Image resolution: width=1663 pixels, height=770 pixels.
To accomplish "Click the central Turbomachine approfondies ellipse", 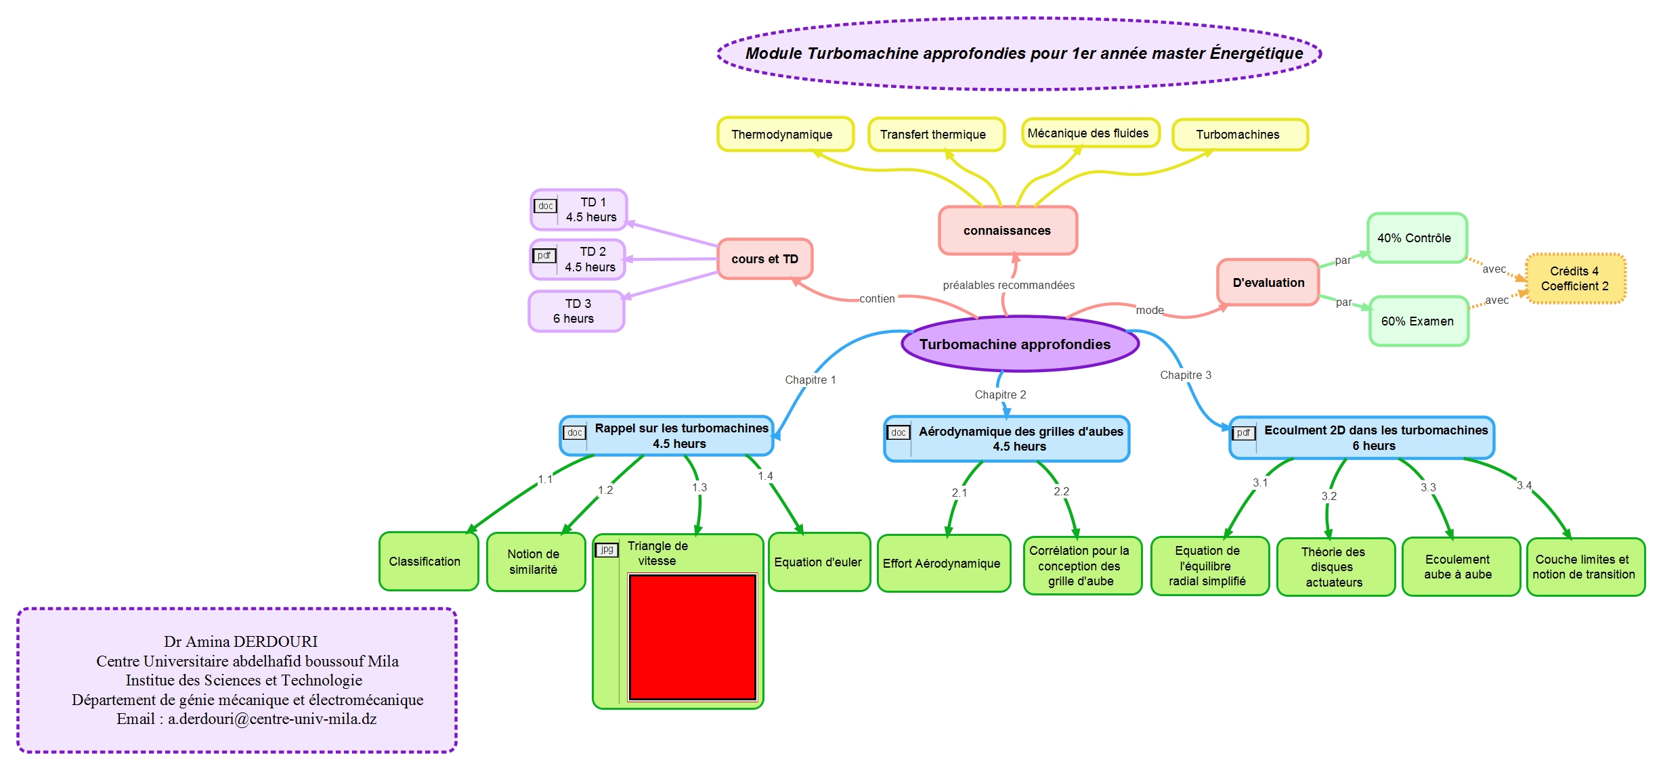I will pos(1019,344).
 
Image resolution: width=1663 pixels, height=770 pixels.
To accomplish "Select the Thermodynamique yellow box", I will pos(784,134).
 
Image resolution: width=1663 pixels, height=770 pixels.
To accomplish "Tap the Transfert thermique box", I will pos(935,134).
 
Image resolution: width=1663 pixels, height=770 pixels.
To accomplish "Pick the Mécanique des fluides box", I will pos(1089,133).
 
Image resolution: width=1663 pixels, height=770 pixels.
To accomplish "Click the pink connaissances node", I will pos(1007,231).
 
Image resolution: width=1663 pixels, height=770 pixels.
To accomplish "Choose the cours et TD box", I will pos(764,258).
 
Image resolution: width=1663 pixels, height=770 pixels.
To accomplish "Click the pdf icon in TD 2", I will pos(544,256).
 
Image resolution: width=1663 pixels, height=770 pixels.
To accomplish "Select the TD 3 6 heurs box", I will pos(576,311).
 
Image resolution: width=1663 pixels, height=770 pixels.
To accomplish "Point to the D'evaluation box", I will pos(1268,282).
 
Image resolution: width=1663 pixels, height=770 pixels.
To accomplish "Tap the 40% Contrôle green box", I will pos(1416,238).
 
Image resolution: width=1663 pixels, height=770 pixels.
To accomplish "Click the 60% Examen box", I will pos(1418,321).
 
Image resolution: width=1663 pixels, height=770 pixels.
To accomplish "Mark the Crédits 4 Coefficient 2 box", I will pos(1575,279).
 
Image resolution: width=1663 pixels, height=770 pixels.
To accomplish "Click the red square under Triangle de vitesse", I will pos(692,637).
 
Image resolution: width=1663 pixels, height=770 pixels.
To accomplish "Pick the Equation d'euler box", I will pos(818,562).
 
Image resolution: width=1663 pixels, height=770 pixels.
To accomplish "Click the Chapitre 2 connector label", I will pos(1000,394).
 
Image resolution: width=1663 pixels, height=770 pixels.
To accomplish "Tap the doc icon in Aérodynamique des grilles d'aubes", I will pos(898,432).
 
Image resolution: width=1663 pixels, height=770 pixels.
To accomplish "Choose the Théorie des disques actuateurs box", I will pos(1335,567).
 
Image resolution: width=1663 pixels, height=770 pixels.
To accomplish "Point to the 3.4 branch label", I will pos(1524,485).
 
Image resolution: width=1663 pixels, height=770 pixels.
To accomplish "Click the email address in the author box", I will pos(272,719).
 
